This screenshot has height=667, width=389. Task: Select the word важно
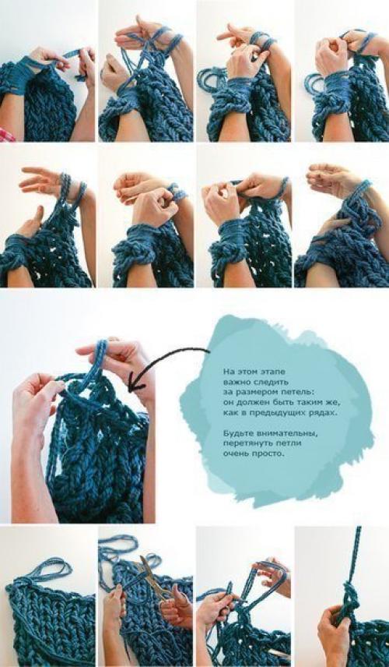point(235,380)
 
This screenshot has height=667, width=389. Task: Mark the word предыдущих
point(277,413)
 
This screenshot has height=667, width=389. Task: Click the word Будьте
point(236,433)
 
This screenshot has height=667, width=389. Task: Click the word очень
point(234,454)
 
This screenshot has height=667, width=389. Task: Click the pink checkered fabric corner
point(6,136)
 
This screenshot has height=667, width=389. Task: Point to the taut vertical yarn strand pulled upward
point(355,557)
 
